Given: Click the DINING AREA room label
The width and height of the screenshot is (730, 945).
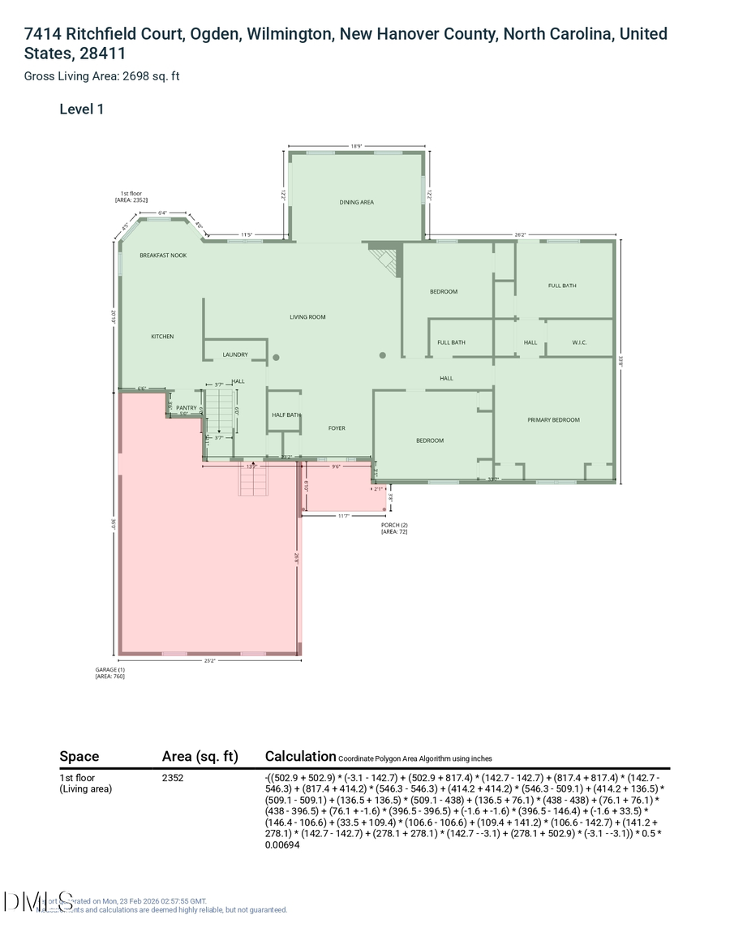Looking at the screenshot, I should pos(356,202).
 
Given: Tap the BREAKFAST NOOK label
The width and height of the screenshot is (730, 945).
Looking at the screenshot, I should pos(163,256).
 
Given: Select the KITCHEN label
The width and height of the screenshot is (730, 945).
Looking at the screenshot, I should pos(162,337).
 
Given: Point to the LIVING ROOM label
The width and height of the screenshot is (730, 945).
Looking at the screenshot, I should pos(307,317).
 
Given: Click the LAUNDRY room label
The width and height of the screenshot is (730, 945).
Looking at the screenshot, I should pos(235,354).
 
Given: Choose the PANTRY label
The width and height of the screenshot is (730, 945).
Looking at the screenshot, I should pos(187,408).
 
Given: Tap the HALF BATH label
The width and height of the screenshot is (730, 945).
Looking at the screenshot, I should pos(286,415).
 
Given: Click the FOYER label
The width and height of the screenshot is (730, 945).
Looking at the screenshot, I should pos(337,428).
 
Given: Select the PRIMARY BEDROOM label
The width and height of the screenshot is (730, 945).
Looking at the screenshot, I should pos(553,420).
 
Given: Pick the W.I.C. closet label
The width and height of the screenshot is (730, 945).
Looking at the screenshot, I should pos(579,342).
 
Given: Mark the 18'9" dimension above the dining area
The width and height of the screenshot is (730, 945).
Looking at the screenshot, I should pos(356,147).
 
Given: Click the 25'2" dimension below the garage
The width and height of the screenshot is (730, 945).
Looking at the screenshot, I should pos(209,661).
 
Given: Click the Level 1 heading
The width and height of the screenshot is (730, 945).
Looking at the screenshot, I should pos(81,109).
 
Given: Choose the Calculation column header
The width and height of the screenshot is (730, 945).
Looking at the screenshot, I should pos(300,756).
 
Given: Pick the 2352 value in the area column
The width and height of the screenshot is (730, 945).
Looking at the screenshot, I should pos(174,778).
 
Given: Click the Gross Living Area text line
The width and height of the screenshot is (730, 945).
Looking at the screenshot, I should pos(101,76).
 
